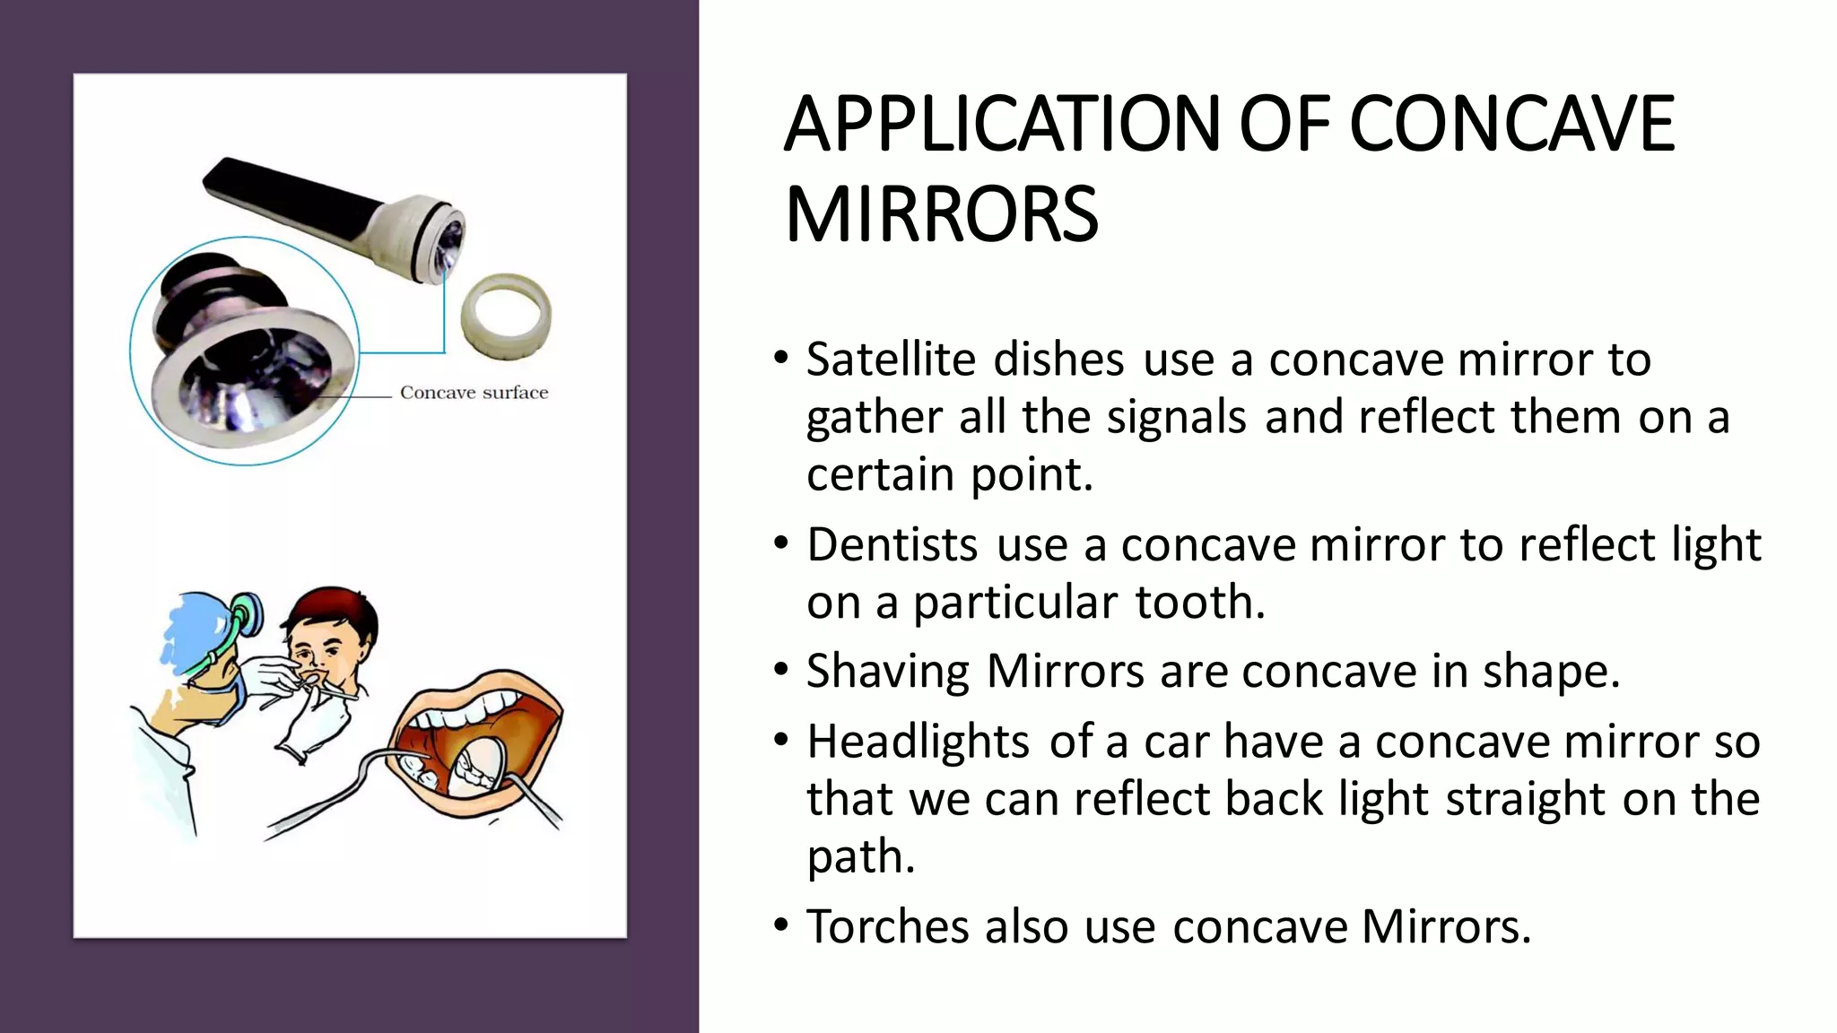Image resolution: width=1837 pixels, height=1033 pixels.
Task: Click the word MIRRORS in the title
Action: click(941, 215)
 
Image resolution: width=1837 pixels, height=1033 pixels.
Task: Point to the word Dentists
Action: click(892, 544)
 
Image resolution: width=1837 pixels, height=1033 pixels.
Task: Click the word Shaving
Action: click(887, 672)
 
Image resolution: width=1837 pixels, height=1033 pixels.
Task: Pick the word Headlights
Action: click(918, 742)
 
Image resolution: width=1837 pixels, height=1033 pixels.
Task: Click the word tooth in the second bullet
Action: click(1200, 602)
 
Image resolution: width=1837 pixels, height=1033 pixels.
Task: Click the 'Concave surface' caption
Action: click(474, 393)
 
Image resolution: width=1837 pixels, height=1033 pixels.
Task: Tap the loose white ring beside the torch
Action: click(506, 316)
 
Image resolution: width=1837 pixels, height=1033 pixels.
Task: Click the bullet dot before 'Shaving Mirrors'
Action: click(781, 670)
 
